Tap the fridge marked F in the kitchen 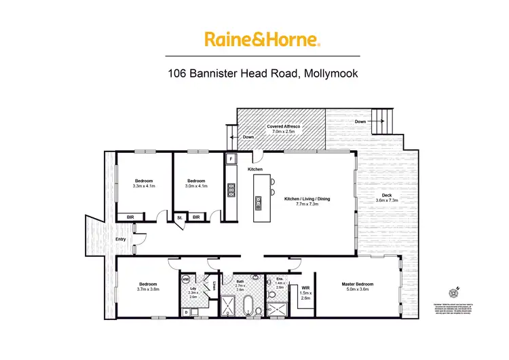(231, 159)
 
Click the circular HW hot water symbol (185, 280)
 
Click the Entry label (121, 239)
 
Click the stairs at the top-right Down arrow (382, 123)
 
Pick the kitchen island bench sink (259, 202)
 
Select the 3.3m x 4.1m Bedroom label (144, 183)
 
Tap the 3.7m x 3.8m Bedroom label (149, 287)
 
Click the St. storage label (179, 217)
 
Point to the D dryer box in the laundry (186, 312)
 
